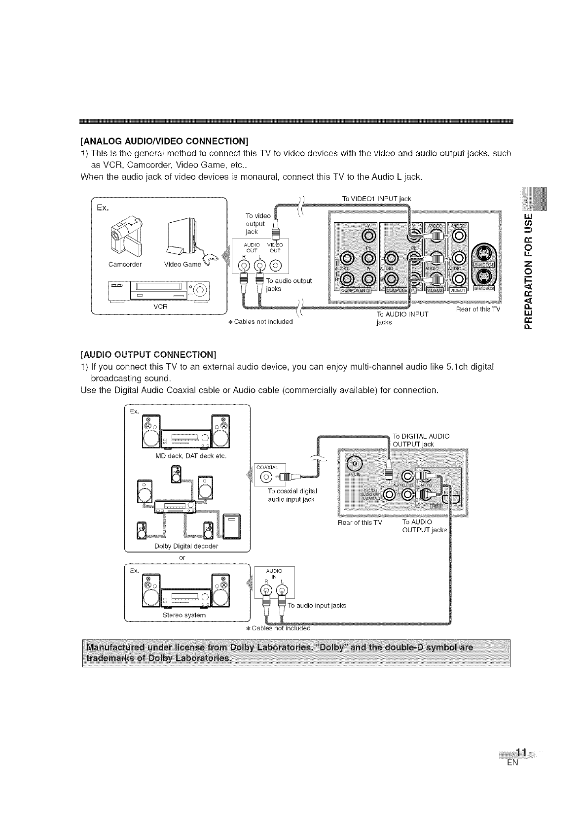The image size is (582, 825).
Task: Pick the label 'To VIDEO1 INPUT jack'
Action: (376, 198)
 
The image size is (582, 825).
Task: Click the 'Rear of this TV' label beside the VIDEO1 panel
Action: (478, 309)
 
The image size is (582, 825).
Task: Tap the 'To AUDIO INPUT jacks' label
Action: (402, 318)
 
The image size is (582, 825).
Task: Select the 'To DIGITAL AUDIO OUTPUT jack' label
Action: (421, 440)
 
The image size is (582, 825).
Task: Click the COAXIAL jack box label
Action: (266, 467)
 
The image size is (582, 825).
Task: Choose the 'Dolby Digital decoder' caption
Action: (186, 546)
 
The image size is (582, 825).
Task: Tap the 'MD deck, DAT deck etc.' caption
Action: (190, 456)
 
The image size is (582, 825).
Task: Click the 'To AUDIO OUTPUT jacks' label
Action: (424, 526)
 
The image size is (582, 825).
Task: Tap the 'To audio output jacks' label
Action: (289, 284)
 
